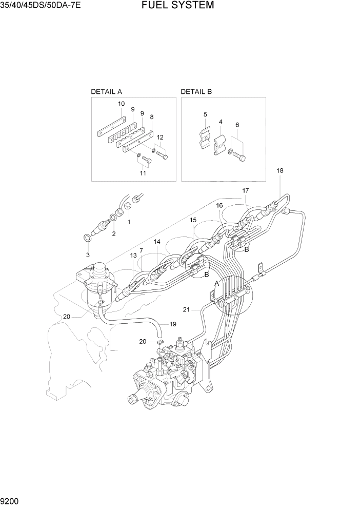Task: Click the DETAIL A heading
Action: (106, 92)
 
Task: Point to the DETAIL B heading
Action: (196, 92)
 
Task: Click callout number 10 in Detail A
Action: (122, 104)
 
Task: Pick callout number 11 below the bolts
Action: (143, 173)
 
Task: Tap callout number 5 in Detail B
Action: (205, 114)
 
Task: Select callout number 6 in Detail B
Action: (237, 125)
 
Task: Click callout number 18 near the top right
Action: (279, 170)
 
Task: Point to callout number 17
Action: (245, 190)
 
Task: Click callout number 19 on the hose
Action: (173, 324)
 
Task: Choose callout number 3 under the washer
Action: (88, 254)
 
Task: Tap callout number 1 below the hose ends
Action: (129, 222)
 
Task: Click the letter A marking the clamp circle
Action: (216, 283)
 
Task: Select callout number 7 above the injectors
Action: (141, 250)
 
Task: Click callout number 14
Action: (156, 241)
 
